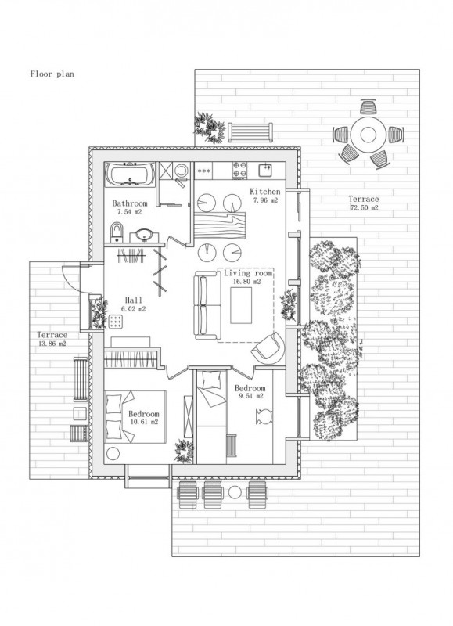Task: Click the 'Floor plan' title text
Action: pyautogui.click(x=52, y=74)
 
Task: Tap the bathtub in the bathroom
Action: pyautogui.click(x=130, y=174)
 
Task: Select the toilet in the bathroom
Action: pyautogui.click(x=117, y=232)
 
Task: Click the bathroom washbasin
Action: pyautogui.click(x=143, y=236)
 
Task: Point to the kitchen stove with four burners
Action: pyautogui.click(x=240, y=170)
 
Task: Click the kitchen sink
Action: pyautogui.click(x=265, y=170)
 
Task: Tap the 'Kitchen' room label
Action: pyautogui.click(x=265, y=192)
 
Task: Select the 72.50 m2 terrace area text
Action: pyautogui.click(x=364, y=207)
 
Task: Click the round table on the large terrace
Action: pyautogui.click(x=369, y=135)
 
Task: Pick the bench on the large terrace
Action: pyautogui.click(x=250, y=132)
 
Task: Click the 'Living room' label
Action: pyautogui.click(x=248, y=273)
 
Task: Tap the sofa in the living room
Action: pyautogui.click(x=207, y=305)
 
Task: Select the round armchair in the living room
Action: pyautogui.click(x=268, y=347)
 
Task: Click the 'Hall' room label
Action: pyautogui.click(x=133, y=300)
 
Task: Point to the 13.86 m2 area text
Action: pyautogui.click(x=52, y=344)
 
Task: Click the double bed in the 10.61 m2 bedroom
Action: pyautogui.click(x=135, y=417)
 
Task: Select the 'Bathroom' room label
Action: pyautogui.click(x=130, y=203)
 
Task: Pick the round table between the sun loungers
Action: pyautogui.click(x=235, y=493)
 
